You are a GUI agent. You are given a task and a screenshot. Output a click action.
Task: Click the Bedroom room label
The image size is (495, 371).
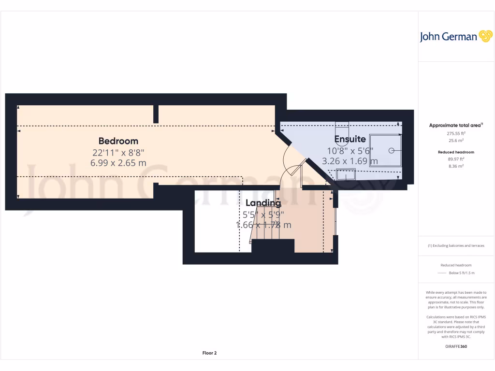[118, 141]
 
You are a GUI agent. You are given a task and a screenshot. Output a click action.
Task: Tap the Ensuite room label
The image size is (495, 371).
[347, 139]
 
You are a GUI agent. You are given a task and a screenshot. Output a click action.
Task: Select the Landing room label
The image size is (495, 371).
[263, 203]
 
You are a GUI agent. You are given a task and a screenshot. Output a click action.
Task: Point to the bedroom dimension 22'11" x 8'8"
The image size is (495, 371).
[118, 152]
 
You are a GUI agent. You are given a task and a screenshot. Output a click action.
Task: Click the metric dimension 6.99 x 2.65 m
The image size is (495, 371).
[118, 163]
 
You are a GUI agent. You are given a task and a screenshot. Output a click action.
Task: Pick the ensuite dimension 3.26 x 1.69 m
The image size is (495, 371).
[350, 161]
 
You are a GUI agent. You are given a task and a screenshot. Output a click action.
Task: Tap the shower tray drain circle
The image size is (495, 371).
[392, 150]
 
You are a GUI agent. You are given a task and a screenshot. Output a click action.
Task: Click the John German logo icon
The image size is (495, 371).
[485, 36]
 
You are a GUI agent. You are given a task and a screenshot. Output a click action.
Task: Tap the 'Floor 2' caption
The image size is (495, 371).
[209, 353]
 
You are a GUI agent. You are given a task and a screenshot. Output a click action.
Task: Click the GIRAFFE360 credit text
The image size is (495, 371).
[456, 346]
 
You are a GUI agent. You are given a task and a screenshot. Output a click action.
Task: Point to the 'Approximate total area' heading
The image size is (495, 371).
[454, 125]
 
